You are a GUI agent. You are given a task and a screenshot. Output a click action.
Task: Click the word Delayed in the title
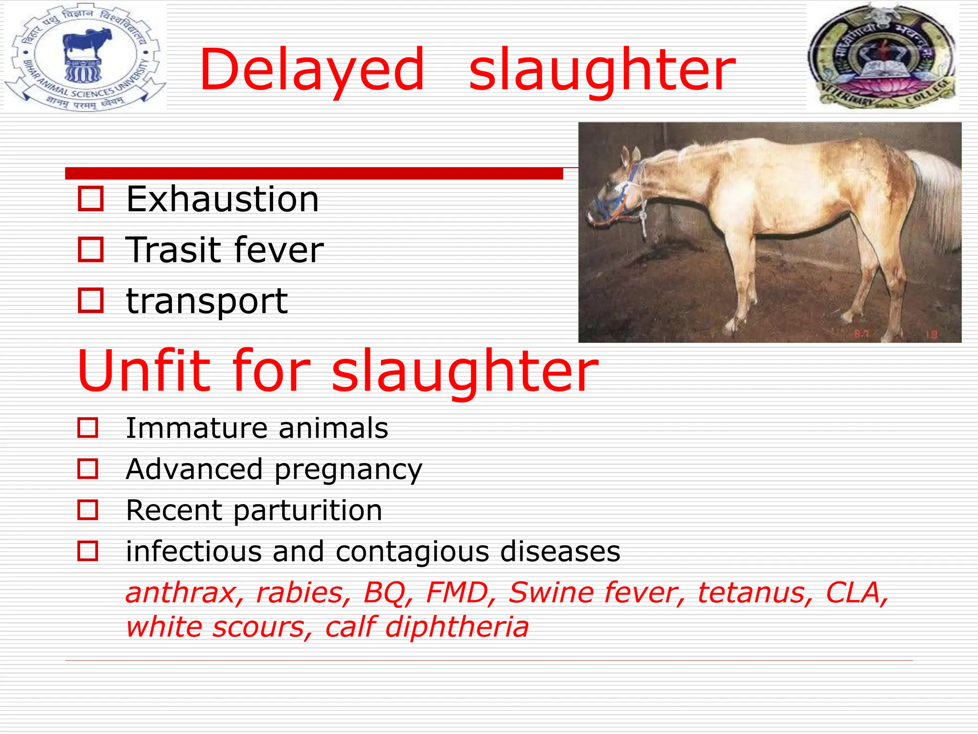click(311, 71)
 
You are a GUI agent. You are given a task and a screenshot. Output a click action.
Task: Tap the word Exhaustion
click(223, 199)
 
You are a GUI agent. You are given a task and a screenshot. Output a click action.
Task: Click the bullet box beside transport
click(90, 301)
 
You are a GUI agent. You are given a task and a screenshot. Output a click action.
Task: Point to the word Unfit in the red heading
click(144, 371)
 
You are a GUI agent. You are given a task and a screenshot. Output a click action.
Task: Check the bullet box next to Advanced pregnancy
click(88, 469)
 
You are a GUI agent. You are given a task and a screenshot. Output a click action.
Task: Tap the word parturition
click(308, 510)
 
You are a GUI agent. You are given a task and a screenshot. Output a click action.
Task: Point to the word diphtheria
click(457, 627)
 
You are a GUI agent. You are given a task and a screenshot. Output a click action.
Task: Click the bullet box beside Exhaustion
click(90, 199)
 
